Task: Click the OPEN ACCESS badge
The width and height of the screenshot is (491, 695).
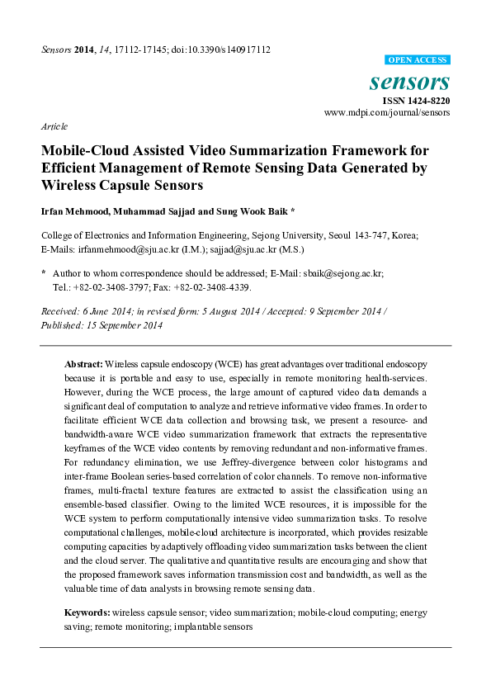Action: [418, 60]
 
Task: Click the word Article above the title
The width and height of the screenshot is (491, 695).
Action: [54, 126]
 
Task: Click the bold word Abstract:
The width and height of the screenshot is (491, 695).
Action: [83, 364]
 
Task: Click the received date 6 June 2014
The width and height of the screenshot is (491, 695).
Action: [105, 313]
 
